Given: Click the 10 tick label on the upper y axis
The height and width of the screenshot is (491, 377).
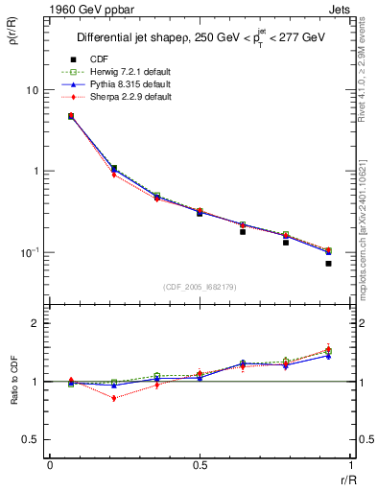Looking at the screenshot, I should coord(31,89).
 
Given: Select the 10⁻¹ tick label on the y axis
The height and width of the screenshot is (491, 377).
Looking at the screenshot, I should coord(29,251).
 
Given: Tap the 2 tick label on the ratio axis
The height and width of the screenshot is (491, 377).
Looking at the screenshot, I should coord(35,323).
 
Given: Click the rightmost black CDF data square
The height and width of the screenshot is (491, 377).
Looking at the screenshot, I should coord(328,263).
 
